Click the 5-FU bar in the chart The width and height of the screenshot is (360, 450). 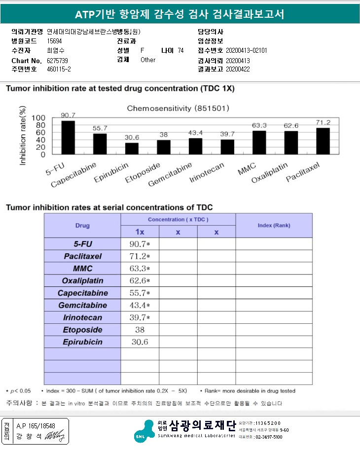pos(68,138)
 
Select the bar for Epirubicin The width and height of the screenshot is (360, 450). pos(132,148)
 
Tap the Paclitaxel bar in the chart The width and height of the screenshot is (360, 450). pos(323,141)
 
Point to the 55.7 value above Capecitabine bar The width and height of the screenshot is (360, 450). pos(100,128)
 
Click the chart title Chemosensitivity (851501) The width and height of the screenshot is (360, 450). pos(178,108)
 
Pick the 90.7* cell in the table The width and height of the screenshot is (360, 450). pos(140,244)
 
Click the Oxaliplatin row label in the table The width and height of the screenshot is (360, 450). pos(82,281)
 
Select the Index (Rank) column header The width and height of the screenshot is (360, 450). pos(274,225)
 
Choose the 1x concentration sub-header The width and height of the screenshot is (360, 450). pos(140,232)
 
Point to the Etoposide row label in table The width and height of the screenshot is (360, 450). pos(82,330)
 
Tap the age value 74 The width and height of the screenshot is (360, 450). pos(180,50)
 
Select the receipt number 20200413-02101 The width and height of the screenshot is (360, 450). pos(246,50)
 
